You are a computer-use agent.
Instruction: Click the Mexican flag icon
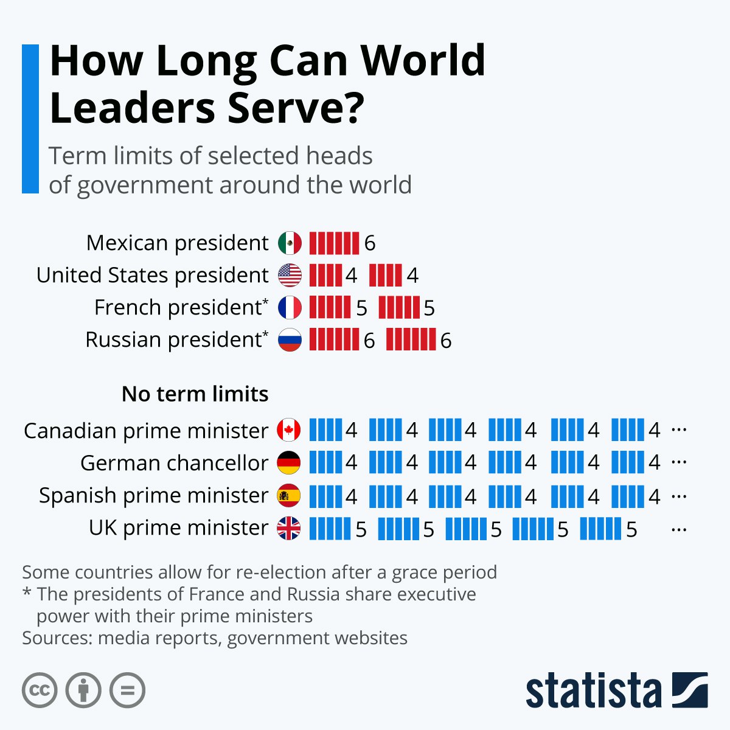coord(290,243)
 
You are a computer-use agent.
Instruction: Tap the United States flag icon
coord(290,276)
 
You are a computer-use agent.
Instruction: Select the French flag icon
coord(290,308)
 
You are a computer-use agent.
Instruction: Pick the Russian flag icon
coord(290,340)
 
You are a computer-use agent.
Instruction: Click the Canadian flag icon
coord(289,430)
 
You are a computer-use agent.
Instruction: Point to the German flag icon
coord(289,463)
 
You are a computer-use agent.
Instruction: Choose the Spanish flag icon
coord(289,496)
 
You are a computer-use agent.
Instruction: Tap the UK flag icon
coord(289,528)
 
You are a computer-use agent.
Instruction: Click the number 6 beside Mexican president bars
coord(370,244)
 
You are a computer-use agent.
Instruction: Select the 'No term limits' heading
coord(195,394)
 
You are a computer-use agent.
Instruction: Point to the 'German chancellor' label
coord(174,463)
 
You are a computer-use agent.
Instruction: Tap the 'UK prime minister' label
coord(178,528)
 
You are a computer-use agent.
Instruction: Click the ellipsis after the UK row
coord(679,530)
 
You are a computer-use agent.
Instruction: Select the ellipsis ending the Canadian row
coord(679,430)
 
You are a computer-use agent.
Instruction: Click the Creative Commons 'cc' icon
coord(40,690)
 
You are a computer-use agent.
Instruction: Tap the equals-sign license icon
coord(128,690)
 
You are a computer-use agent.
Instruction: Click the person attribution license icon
coord(83,690)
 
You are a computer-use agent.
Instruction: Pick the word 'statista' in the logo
coord(593,690)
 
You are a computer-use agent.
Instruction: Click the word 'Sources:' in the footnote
coord(57,638)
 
